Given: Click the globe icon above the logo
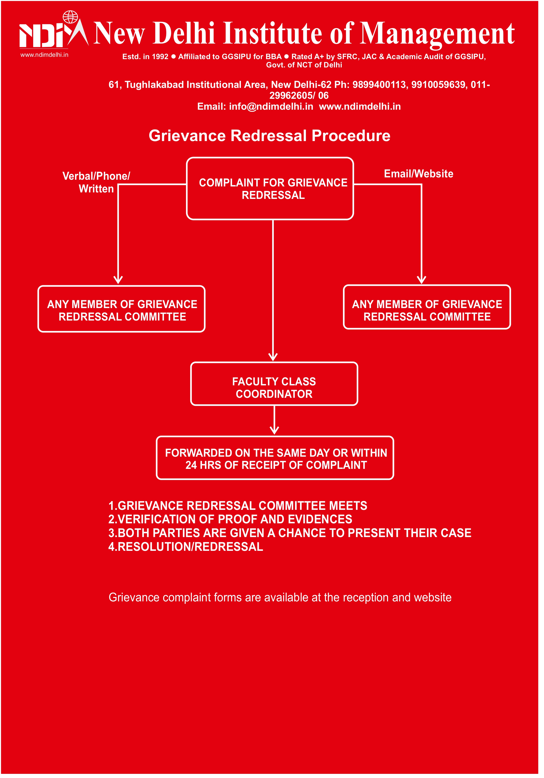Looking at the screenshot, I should click(x=70, y=17).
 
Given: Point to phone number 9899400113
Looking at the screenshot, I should click(x=379, y=85).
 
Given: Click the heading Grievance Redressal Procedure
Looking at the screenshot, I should click(x=269, y=136).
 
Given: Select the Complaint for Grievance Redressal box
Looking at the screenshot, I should click(x=270, y=189).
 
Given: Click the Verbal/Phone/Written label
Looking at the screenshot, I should click(x=96, y=182).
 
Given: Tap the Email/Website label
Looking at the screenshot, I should click(x=418, y=174).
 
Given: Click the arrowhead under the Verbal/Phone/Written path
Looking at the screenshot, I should click(x=118, y=280).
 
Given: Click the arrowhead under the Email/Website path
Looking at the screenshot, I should click(x=421, y=280).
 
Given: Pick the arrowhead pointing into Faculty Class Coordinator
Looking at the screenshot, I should click(x=273, y=357).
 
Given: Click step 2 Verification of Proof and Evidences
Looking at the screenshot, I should click(x=230, y=519).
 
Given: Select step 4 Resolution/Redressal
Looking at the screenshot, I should click(x=185, y=547).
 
